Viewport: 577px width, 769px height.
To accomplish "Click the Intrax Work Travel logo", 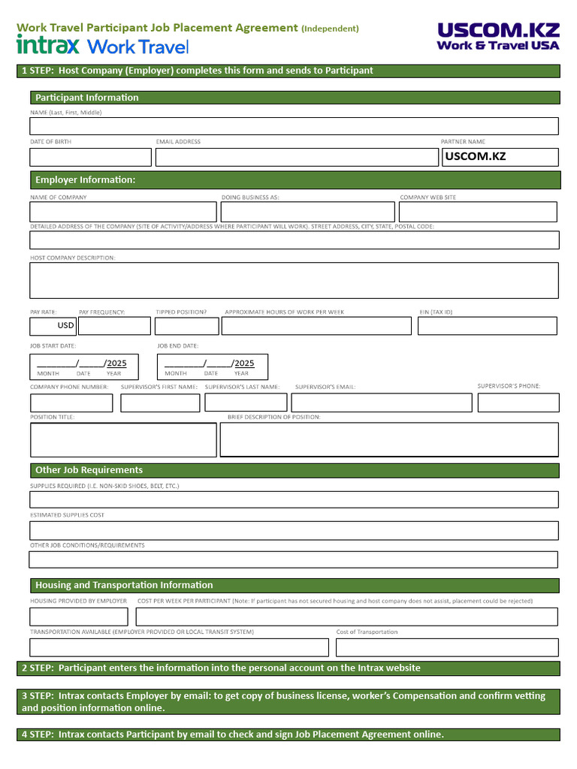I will [102, 47].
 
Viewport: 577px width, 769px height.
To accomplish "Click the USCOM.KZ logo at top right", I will [498, 36].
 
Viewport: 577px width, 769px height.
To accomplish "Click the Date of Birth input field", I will [90, 157].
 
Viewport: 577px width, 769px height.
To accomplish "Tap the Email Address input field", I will [296, 157].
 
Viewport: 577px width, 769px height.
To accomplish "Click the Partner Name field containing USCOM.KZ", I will [499, 157].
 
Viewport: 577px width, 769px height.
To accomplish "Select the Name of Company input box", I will [122, 212].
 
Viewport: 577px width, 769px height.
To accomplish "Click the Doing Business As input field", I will [307, 212].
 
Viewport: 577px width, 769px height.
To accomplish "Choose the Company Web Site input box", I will [478, 212].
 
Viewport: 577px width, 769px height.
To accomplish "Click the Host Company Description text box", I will [294, 280].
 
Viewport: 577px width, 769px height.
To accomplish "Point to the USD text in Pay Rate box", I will [66, 326].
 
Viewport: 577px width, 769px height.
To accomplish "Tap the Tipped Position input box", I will [186, 326].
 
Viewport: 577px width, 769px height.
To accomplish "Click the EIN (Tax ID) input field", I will [488, 326].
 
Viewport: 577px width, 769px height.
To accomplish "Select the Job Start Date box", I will [81, 366].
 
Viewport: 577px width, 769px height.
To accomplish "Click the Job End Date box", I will [212, 366].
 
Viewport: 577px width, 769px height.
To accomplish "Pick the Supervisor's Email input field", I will [382, 403].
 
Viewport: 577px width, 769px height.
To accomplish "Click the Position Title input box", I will [123, 439].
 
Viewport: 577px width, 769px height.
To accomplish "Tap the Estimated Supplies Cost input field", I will [294, 530].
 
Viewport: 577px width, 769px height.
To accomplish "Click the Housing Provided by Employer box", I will [79, 617].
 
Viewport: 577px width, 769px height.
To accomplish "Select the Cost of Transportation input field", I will [447, 647].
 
